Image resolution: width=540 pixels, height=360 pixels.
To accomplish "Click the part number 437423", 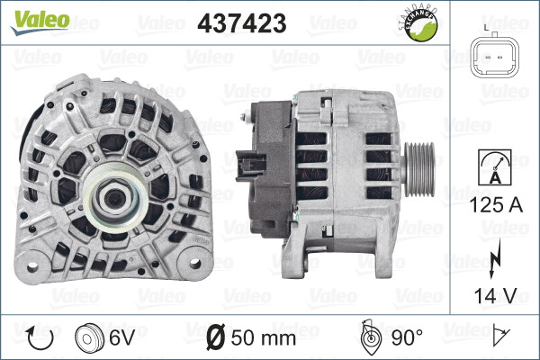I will [245, 22].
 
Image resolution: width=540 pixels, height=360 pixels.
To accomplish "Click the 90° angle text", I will [408, 338].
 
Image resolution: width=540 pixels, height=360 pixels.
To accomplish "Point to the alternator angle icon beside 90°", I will [369, 338].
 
